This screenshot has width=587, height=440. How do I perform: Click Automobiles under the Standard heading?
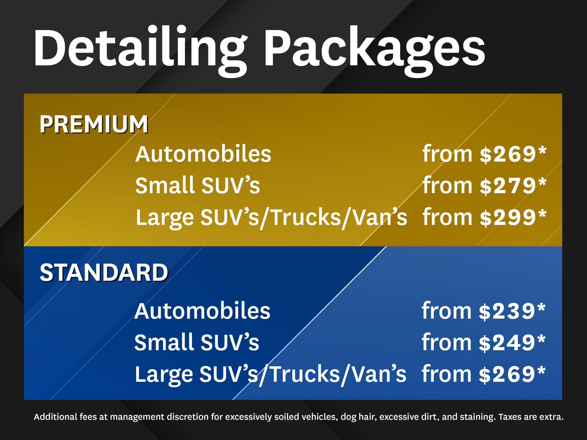[202, 311]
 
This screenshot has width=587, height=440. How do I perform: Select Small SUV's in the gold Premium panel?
[198, 185]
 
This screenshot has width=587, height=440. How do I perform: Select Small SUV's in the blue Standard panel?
[197, 342]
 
